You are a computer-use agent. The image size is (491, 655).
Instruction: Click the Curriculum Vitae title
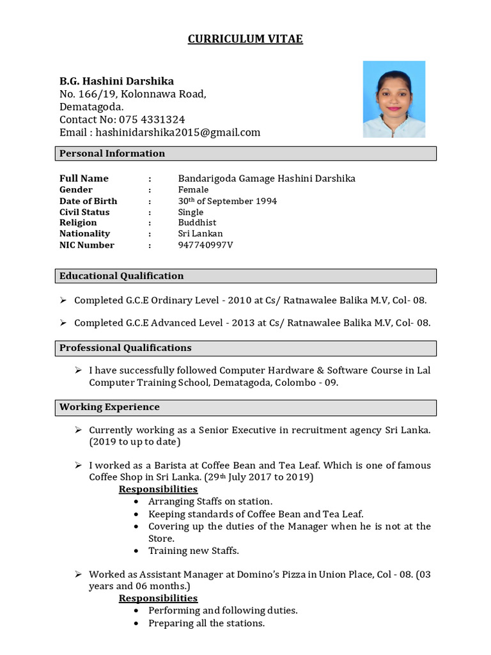coord(245,40)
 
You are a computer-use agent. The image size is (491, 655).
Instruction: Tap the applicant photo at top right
coord(394,99)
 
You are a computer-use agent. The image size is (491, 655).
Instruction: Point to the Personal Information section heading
coord(113,154)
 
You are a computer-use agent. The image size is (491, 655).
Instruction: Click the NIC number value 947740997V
coord(205,245)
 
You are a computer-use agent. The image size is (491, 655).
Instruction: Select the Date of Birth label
coord(88,201)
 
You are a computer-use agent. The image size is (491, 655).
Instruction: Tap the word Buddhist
coord(197,223)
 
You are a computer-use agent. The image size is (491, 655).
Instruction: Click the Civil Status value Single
coord(191,212)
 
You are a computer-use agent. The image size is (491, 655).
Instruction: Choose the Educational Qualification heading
coord(121,276)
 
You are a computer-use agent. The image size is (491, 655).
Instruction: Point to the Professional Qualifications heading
coord(125,348)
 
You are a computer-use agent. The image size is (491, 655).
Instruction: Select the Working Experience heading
coord(109,407)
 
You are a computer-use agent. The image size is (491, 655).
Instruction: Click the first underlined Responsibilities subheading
coord(158,489)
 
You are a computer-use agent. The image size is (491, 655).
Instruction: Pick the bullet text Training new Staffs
coord(194,551)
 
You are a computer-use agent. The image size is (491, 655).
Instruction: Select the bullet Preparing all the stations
coord(207,623)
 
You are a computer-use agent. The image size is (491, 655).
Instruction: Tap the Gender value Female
coord(193,190)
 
